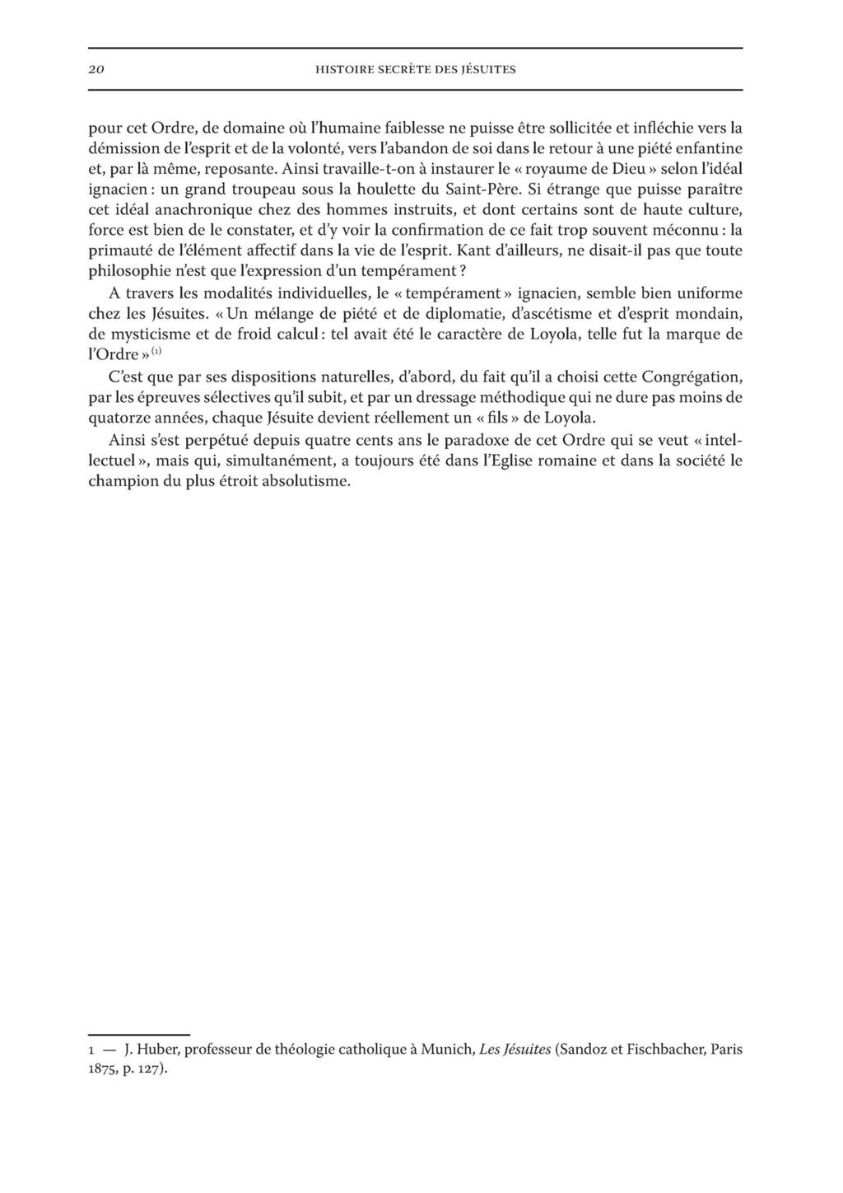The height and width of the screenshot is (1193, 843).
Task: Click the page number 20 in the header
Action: [x=95, y=70]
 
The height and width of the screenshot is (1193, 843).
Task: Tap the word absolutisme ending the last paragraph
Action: [x=306, y=481]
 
